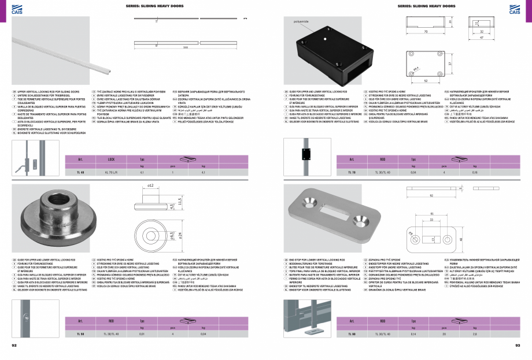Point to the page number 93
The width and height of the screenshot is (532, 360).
point(518,345)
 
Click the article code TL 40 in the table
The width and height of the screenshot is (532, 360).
point(81,172)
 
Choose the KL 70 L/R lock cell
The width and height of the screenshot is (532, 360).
point(112,172)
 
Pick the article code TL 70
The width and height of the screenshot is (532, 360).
point(350,172)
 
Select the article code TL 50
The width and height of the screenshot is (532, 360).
point(81,334)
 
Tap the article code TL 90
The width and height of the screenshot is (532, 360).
point(350,334)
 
